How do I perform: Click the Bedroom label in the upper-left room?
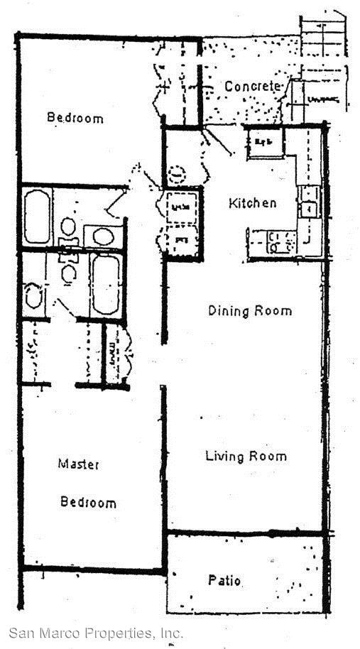[x=75, y=117]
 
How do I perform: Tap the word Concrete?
[x=251, y=87]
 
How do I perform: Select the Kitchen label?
[x=252, y=203]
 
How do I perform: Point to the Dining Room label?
[x=249, y=310]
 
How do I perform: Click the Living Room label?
[x=246, y=456]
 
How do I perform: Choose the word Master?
[x=78, y=464]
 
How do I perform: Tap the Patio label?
[x=224, y=581]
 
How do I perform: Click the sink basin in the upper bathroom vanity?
[x=103, y=236]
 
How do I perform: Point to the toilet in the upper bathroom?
[x=68, y=227]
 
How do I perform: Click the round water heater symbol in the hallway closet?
[x=176, y=173]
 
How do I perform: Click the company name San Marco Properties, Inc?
[x=96, y=633]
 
